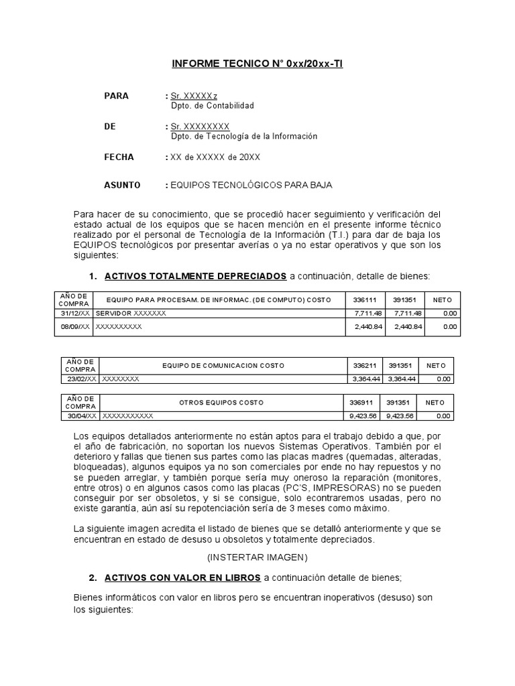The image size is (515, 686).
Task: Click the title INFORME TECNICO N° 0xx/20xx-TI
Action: (257, 64)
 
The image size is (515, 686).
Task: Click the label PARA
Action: (116, 96)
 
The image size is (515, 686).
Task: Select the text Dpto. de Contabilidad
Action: (213, 106)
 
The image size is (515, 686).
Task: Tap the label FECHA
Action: (119, 157)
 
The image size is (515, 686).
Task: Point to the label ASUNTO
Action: (122, 185)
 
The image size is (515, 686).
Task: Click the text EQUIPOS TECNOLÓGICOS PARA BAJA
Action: (251, 185)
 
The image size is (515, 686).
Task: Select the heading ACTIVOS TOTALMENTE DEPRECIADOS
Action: (196, 276)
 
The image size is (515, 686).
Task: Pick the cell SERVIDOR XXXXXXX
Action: (131, 313)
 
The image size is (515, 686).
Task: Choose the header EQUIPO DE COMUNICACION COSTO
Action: (223, 366)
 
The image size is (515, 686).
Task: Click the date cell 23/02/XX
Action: (80, 379)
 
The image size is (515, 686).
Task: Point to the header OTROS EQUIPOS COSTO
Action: (221, 403)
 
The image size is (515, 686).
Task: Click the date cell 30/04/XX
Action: (80, 415)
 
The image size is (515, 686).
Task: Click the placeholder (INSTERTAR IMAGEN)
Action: (257, 557)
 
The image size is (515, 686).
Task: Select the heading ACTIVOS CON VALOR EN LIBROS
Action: (183, 577)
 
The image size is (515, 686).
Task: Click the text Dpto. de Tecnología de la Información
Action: (244, 136)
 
